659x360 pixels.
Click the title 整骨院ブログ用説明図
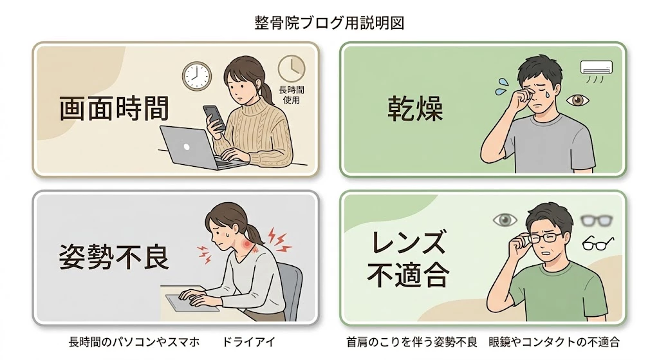[329, 23]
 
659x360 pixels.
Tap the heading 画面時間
[114, 109]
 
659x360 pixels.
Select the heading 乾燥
[415, 109]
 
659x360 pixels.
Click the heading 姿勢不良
[114, 257]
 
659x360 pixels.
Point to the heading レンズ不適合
[408, 260]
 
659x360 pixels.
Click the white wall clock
[196, 75]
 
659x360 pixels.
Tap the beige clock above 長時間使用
[291, 68]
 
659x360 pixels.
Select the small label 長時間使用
[291, 95]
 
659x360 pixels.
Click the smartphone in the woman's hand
[214, 117]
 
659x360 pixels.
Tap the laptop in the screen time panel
[190, 146]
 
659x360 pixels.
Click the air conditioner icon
[597, 68]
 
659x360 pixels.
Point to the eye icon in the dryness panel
[578, 100]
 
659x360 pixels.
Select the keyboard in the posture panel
[187, 302]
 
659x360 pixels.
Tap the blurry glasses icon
[595, 220]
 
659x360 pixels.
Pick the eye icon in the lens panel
[505, 220]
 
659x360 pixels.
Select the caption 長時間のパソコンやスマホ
[133, 341]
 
